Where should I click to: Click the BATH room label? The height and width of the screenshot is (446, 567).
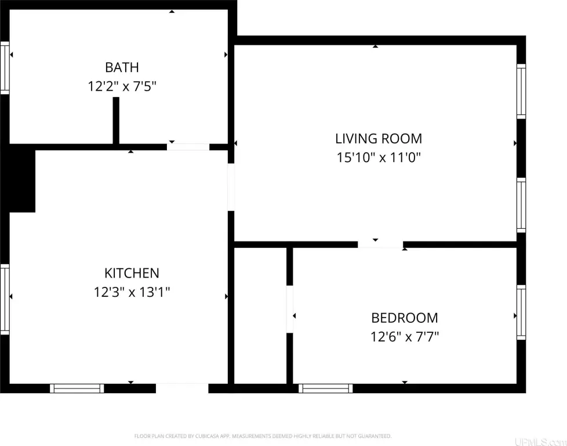(x=122, y=67)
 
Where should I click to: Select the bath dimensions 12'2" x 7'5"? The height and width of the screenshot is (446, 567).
(x=122, y=87)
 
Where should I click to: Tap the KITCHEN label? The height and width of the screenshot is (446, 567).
(x=132, y=273)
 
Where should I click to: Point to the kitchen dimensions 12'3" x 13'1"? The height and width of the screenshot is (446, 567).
(x=132, y=292)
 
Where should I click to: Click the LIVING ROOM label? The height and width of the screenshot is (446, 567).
(x=379, y=139)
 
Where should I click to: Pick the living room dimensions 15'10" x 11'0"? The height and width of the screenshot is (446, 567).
(x=379, y=157)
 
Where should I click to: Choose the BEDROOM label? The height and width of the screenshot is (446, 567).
(x=405, y=318)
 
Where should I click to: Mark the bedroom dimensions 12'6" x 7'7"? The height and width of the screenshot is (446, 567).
(x=405, y=337)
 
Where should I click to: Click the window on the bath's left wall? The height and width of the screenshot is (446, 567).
(x=5, y=68)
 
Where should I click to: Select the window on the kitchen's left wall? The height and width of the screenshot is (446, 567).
(x=5, y=299)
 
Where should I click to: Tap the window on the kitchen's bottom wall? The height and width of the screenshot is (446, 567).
(x=77, y=389)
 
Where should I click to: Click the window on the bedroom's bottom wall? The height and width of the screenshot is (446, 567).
(x=325, y=389)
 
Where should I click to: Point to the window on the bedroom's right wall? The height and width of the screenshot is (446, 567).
(x=521, y=312)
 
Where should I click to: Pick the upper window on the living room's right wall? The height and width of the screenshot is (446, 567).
(x=521, y=91)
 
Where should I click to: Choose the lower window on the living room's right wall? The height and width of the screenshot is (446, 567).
(x=521, y=205)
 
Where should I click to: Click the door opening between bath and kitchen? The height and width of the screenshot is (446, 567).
(x=188, y=147)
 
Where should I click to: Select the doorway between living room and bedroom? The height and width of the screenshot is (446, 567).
(x=380, y=244)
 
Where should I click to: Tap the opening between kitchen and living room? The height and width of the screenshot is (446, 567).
(x=231, y=187)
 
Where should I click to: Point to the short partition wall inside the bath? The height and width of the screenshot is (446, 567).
(x=116, y=121)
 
